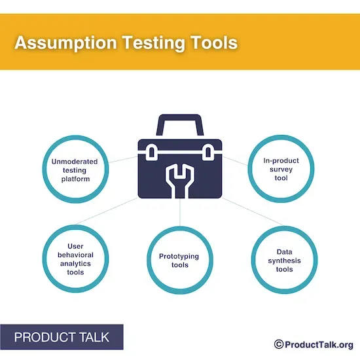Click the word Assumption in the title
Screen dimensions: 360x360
pos(62,43)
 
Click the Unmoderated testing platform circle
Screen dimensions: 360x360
pos(75,170)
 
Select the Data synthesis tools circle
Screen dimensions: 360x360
pos(284,261)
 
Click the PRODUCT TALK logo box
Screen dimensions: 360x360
pos(62,338)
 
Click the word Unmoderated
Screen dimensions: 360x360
pos(75,161)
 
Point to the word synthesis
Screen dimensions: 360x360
pos(284,261)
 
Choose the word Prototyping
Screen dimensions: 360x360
pos(179,256)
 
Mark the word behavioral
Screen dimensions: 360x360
pos(75,255)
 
